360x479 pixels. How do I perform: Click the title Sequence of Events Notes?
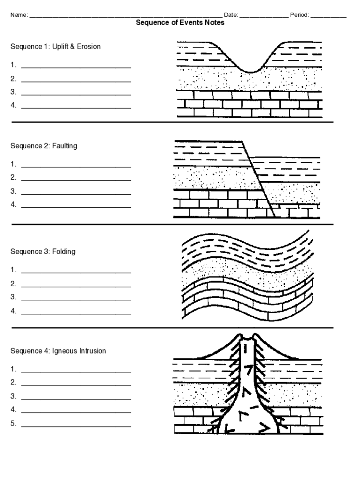point(180,22)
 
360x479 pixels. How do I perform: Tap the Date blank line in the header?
point(264,16)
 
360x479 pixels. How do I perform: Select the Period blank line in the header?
point(328,16)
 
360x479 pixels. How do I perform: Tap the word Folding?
point(64,252)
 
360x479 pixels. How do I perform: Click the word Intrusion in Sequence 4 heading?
point(93,351)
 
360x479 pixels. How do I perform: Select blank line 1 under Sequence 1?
point(76,67)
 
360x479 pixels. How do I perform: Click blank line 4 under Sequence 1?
point(76,108)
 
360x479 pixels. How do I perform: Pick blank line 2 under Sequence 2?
point(76,180)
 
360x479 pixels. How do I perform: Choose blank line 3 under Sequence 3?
point(76,299)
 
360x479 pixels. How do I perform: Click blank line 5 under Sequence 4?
point(76,427)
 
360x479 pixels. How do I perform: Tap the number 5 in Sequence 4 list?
point(13,424)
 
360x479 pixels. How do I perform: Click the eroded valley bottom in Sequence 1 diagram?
point(251,71)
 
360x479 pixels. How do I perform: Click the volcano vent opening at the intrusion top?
point(248,337)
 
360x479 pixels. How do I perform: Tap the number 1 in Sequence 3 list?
point(13,270)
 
